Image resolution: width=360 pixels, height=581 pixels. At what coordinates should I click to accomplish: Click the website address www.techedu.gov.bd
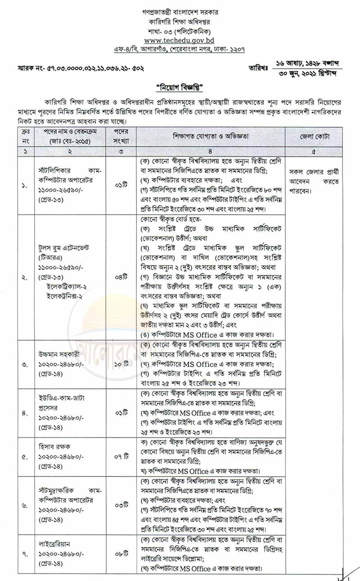(180, 40)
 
